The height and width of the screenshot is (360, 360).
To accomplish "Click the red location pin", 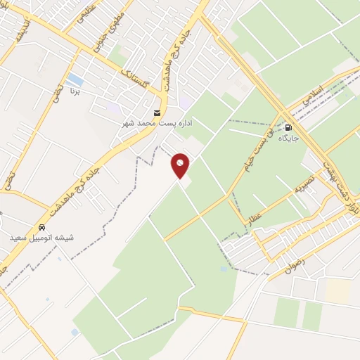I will (181, 165).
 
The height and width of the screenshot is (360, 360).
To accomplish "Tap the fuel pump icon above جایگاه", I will (288, 127).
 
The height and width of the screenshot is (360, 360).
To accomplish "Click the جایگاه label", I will (288, 138).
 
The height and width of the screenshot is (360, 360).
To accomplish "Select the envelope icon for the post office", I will (157, 113).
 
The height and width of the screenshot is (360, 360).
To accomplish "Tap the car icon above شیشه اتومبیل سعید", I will (43, 228).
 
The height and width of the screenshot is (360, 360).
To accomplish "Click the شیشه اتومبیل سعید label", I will (42, 238).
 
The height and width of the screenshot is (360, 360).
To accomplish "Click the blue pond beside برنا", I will (75, 79).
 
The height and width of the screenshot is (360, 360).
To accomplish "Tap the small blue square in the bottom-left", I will (75, 332).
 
